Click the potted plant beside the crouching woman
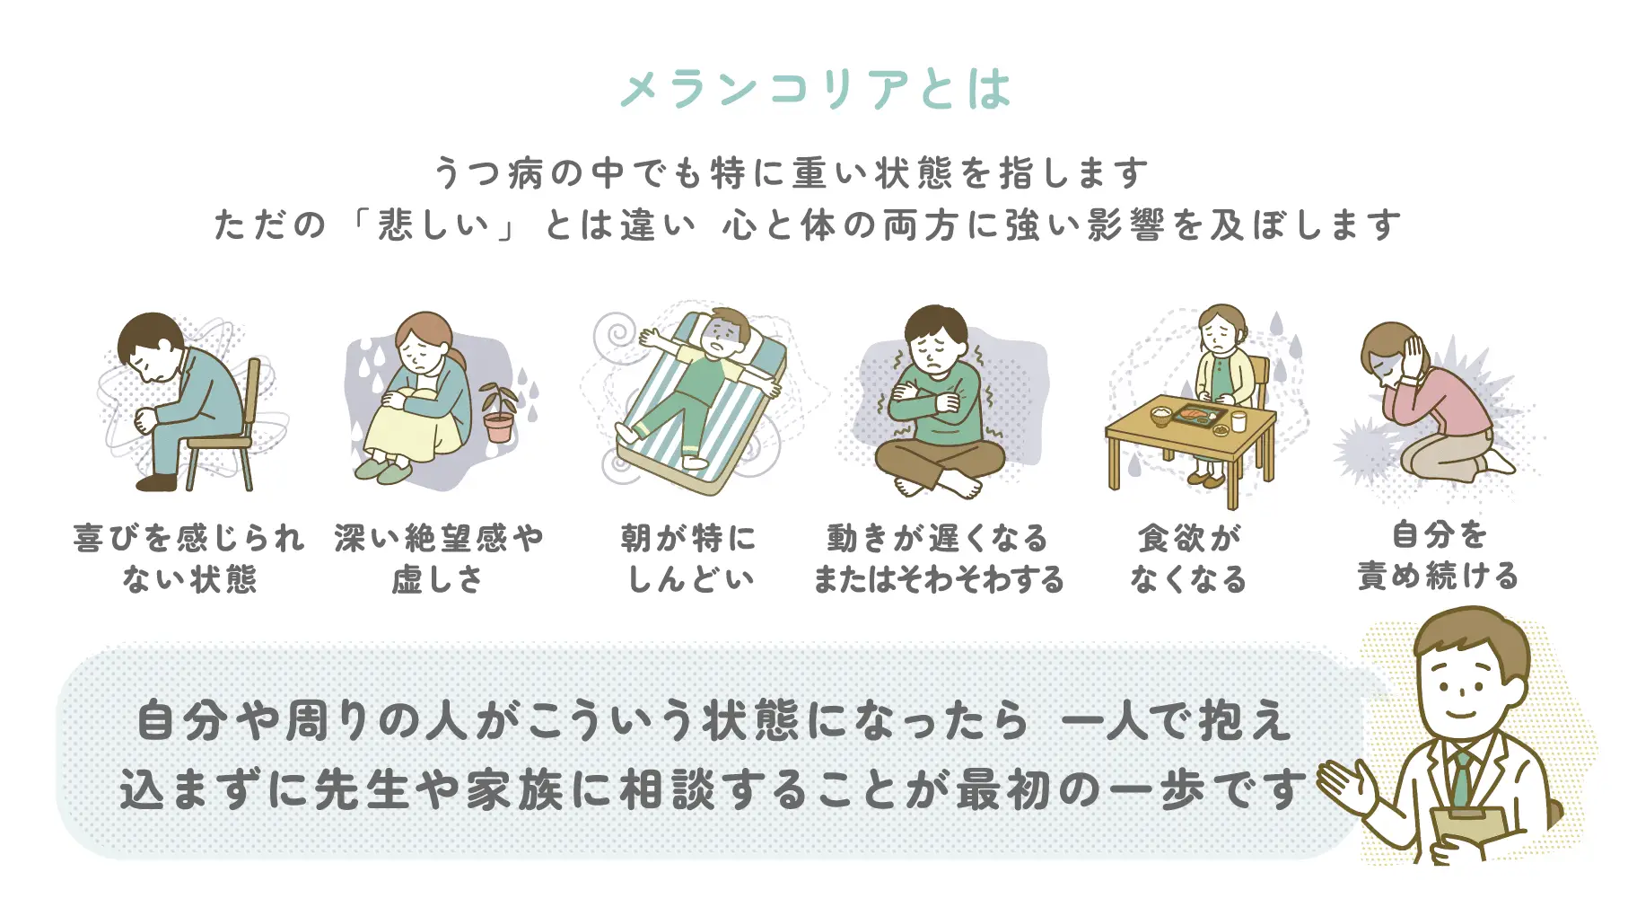pyautogui.click(x=497, y=412)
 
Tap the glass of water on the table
pyautogui.click(x=1239, y=420)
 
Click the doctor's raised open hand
pyautogui.click(x=1346, y=785)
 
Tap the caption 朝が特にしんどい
pyautogui.click(x=688, y=559)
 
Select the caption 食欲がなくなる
pyautogui.click(x=1188, y=559)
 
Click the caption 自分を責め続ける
pyautogui.click(x=1438, y=555)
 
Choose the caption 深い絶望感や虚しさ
pyautogui.click(x=439, y=559)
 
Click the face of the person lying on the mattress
pyautogui.click(x=722, y=335)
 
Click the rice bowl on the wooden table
pyautogui.click(x=1161, y=415)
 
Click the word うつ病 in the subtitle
pyautogui.click(x=488, y=173)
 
